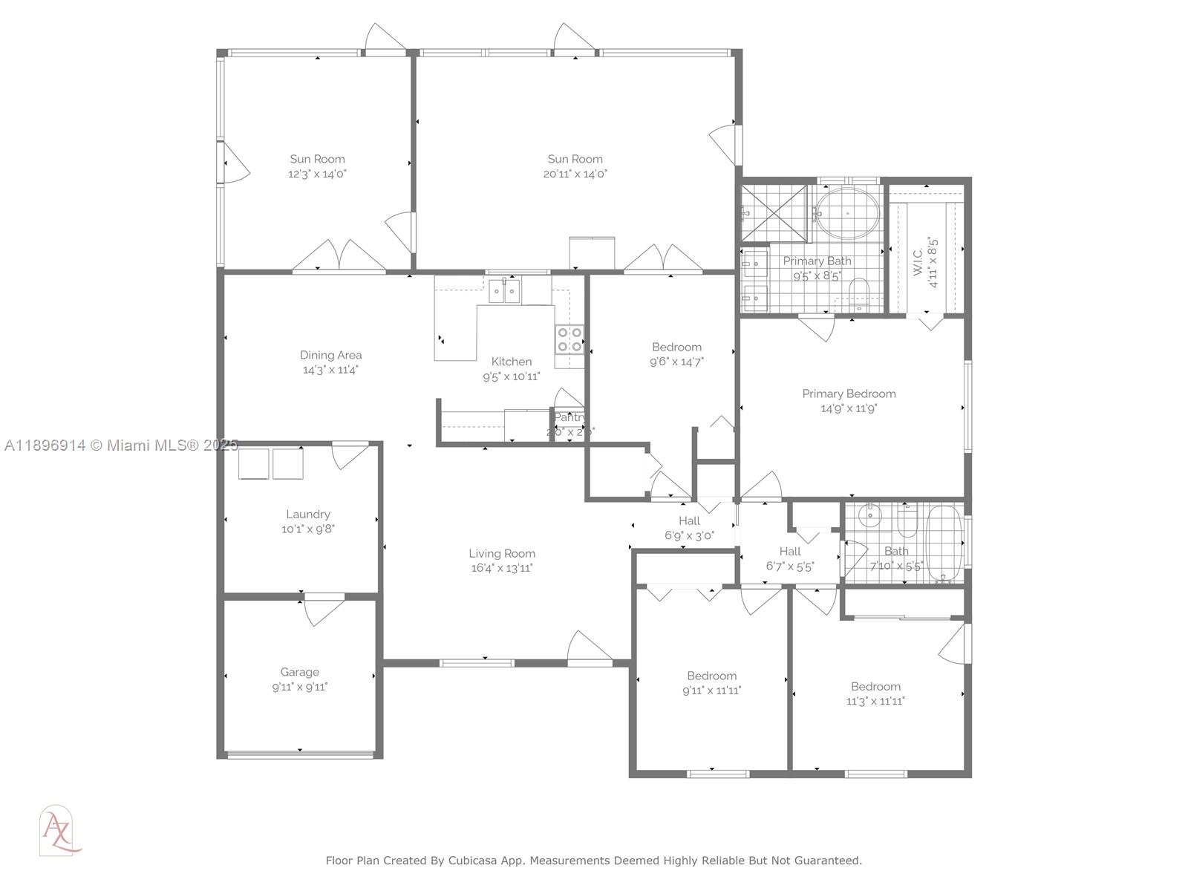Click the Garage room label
point(299,672)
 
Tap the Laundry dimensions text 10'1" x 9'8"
point(307,529)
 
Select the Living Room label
point(502,553)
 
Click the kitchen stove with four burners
point(569,339)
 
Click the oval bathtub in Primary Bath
point(847,213)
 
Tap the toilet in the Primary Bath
point(860,293)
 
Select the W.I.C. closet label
point(918,257)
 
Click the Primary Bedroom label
point(849,394)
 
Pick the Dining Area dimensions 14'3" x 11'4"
point(330,370)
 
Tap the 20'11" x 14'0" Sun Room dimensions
point(575,174)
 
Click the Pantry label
point(569,417)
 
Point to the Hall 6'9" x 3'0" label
point(689,521)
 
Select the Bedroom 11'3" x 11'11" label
point(875,687)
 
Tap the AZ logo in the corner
point(59,830)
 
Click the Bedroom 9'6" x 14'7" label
point(676,347)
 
